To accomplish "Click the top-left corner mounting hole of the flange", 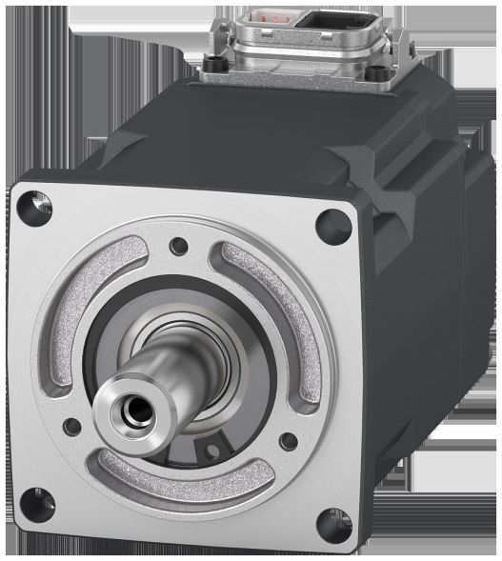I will (34, 203).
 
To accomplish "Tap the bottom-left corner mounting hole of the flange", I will (39, 494).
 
